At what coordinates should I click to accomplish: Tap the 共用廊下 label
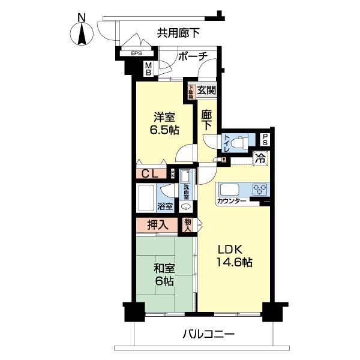[x=179, y=34]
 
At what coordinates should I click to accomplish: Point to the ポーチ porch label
[x=192, y=56]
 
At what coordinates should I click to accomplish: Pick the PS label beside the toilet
[x=265, y=140]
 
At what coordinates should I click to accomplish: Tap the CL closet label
[x=151, y=174]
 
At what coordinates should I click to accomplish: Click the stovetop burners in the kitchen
[x=259, y=188]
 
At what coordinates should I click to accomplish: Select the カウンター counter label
[x=232, y=201]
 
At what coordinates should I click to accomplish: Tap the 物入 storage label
[x=187, y=225]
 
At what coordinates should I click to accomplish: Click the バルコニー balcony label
[x=209, y=334]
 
